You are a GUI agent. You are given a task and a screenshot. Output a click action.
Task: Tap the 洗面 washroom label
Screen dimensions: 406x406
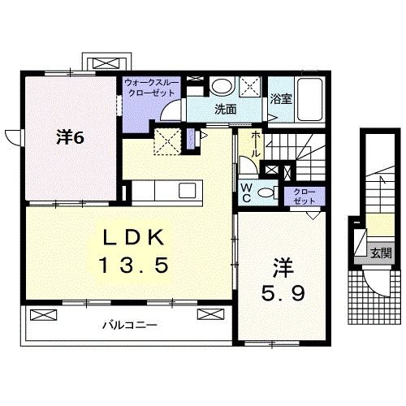(225, 109)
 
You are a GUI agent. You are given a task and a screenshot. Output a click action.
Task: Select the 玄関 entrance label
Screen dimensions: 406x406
(381, 253)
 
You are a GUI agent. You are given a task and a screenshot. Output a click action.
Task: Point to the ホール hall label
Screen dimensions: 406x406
(255, 145)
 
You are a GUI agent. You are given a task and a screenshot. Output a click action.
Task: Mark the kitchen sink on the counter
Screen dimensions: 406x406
(187, 191)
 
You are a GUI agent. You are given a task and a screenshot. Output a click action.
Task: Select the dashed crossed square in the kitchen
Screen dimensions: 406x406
(170, 140)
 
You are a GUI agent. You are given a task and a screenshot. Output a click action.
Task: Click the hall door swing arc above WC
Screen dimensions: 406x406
(246, 168)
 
